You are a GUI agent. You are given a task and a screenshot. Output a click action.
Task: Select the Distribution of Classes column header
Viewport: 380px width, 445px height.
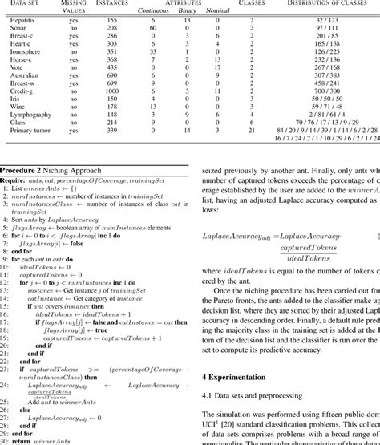[x=325, y=3]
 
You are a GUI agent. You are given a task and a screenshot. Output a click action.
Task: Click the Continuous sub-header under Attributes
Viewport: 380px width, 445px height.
[x=153, y=11]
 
